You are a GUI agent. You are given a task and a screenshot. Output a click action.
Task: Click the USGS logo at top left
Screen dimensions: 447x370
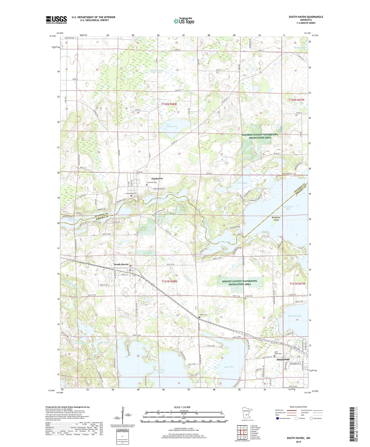point(56,20)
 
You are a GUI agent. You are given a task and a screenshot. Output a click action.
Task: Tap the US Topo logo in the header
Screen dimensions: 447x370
point(184,21)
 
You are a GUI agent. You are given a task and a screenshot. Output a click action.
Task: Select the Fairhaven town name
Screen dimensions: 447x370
point(157,178)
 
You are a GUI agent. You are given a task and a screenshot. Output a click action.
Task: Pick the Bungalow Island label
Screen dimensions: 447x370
point(276,219)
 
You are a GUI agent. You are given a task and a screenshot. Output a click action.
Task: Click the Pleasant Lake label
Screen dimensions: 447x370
point(294,316)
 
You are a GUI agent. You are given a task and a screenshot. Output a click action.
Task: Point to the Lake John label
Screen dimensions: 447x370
point(229,367)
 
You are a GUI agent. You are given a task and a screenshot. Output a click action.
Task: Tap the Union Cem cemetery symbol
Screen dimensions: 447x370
point(200,317)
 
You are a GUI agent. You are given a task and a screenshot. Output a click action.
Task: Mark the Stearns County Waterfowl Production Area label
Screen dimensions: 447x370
point(260,136)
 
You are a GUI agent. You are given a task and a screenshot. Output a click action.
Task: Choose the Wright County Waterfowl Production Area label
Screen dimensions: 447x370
point(239,282)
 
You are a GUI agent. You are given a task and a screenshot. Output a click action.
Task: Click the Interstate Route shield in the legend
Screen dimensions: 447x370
point(278,418)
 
